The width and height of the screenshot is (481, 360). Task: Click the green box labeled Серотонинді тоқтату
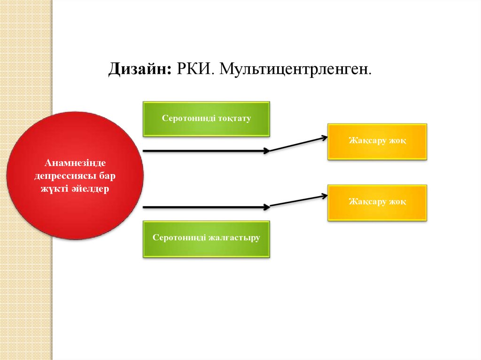206,119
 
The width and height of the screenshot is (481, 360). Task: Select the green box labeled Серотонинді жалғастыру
206,239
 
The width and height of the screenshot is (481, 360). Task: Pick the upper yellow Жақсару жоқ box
377,141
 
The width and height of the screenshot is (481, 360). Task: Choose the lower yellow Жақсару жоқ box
377,202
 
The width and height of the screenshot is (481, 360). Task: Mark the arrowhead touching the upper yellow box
324,137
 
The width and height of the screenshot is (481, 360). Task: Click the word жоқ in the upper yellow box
397,141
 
